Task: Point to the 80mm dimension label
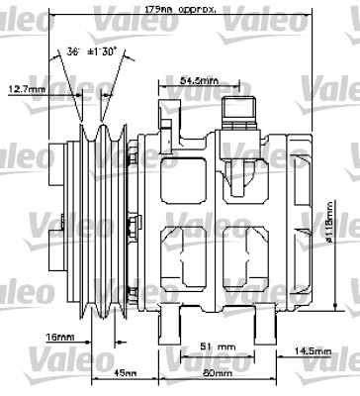(217, 373)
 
